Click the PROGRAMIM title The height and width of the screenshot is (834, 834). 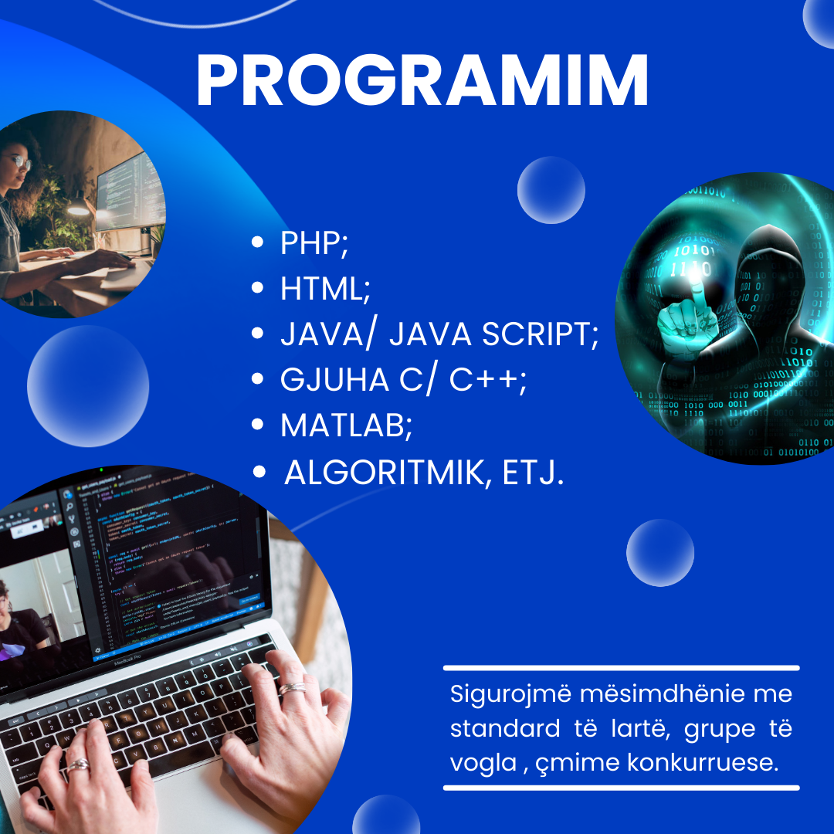click(422, 80)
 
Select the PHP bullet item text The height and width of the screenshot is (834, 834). click(314, 243)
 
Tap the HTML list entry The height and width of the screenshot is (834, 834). click(325, 289)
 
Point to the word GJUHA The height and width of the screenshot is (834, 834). click(334, 380)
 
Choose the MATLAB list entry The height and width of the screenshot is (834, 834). click(346, 425)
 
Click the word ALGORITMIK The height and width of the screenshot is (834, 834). click(384, 473)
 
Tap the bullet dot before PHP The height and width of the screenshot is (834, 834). click(257, 242)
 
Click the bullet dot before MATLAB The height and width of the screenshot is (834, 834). click(257, 425)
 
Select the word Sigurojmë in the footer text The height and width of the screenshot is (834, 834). click(510, 695)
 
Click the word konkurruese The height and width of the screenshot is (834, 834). click(703, 762)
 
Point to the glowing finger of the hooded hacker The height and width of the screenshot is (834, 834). click(697, 293)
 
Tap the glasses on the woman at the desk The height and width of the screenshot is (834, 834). click(20, 161)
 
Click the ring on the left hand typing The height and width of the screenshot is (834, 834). click(78, 764)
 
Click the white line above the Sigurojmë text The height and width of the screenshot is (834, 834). click(621, 668)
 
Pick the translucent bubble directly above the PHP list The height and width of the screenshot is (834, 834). click(551, 190)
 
